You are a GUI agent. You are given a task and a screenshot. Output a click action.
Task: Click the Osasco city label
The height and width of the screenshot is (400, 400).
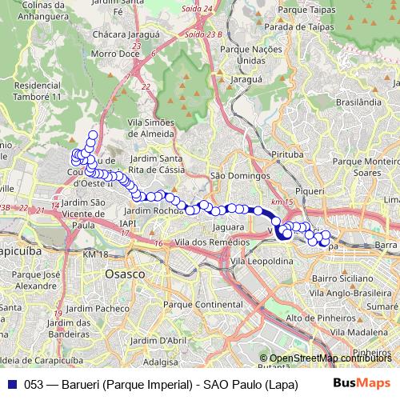pos(125,274)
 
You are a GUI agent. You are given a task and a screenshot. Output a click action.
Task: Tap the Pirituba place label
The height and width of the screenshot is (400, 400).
pos(289,153)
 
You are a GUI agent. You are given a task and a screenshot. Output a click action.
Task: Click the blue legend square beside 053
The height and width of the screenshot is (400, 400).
pos(12,384)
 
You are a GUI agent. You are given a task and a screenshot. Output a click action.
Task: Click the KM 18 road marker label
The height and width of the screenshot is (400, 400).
pos(94,254)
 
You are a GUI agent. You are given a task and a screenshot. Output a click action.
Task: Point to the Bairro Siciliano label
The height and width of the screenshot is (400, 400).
pos(337,277)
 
